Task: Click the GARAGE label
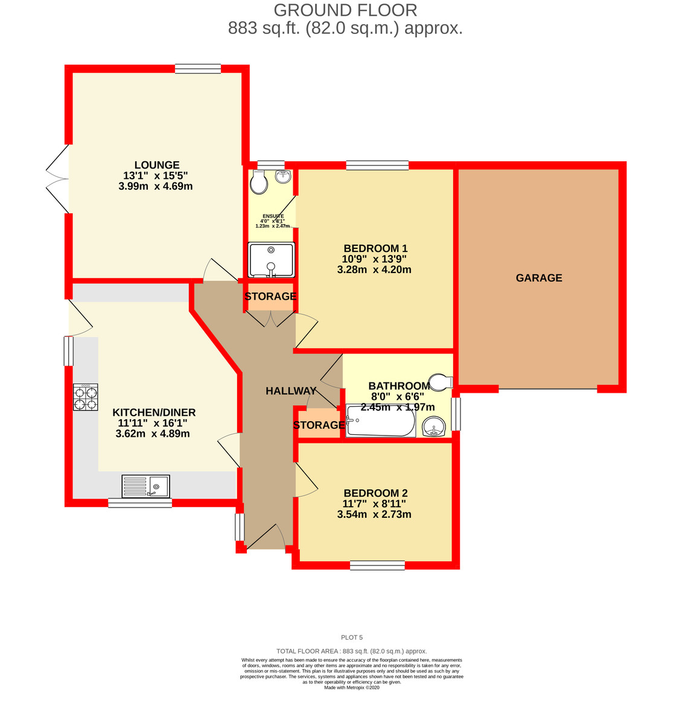[539, 278]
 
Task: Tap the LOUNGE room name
[157, 165]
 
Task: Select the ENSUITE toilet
[259, 182]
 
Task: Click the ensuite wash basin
[282, 176]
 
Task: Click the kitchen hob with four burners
[86, 398]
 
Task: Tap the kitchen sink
[146, 486]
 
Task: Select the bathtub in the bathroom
[381, 421]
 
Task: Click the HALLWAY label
[291, 391]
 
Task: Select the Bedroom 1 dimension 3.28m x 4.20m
[374, 269]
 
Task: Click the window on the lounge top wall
[198, 69]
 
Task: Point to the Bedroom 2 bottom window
[377, 565]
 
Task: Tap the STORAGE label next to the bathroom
[319, 425]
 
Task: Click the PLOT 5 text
[352, 637]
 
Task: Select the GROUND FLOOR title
[345, 10]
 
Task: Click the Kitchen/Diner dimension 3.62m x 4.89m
[153, 433]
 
